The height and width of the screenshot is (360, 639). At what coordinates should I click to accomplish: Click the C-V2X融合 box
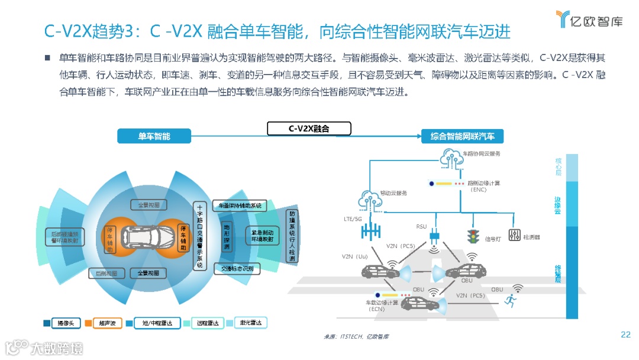click(309, 128)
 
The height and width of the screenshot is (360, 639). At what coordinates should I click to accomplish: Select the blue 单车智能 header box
click(154, 136)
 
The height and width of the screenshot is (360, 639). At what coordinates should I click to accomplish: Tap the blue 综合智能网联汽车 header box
click(462, 136)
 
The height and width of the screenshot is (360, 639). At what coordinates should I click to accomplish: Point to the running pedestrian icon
click(508, 301)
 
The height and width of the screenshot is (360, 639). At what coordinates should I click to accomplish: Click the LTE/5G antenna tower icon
click(372, 229)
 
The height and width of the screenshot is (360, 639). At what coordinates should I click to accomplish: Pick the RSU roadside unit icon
click(435, 236)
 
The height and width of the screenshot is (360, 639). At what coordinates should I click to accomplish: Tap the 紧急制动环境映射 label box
click(262, 236)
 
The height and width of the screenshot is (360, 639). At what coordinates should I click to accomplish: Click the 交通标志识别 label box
click(237, 269)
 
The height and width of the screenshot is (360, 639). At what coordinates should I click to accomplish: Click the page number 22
click(625, 335)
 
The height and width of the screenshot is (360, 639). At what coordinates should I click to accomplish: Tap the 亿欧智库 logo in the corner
click(589, 20)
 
